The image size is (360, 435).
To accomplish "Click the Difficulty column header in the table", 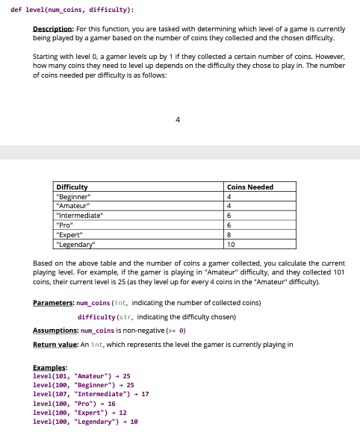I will [72, 187].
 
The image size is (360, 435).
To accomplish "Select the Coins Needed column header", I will [250, 187].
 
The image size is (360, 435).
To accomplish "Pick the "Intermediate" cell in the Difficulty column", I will [79, 215].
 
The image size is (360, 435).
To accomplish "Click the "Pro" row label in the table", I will [65, 225].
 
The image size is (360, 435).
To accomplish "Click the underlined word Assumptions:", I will [56, 331].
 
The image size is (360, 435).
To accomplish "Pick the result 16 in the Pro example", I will [111, 403].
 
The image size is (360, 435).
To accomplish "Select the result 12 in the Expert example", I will [122, 412].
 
